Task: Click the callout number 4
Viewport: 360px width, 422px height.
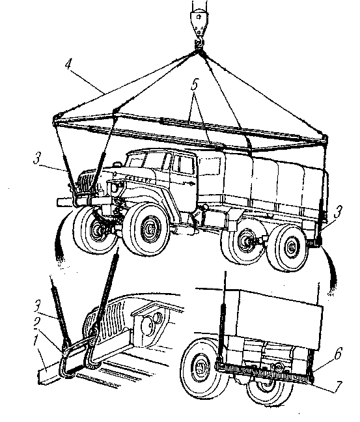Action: [69, 65]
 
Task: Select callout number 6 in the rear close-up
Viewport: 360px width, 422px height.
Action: [338, 353]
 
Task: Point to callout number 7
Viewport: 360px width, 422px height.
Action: [338, 386]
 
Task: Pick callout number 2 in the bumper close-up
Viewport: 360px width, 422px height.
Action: [38, 323]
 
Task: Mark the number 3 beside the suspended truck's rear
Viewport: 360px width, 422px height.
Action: [338, 212]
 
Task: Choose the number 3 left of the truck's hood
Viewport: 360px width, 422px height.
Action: [37, 158]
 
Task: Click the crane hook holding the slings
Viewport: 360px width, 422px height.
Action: [199, 44]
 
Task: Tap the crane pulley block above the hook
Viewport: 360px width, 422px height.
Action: [199, 21]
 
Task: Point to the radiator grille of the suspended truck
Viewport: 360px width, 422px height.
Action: [86, 182]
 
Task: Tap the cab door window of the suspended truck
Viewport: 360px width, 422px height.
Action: [183, 165]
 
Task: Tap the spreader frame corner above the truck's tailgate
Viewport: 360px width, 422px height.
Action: [324, 139]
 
